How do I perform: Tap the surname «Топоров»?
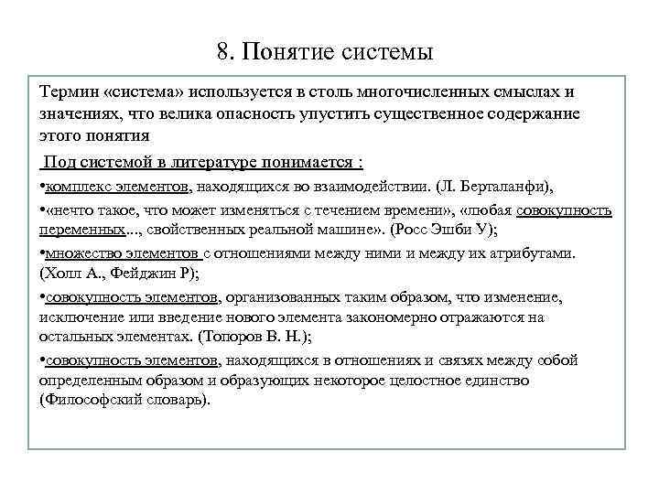coord(234,336)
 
